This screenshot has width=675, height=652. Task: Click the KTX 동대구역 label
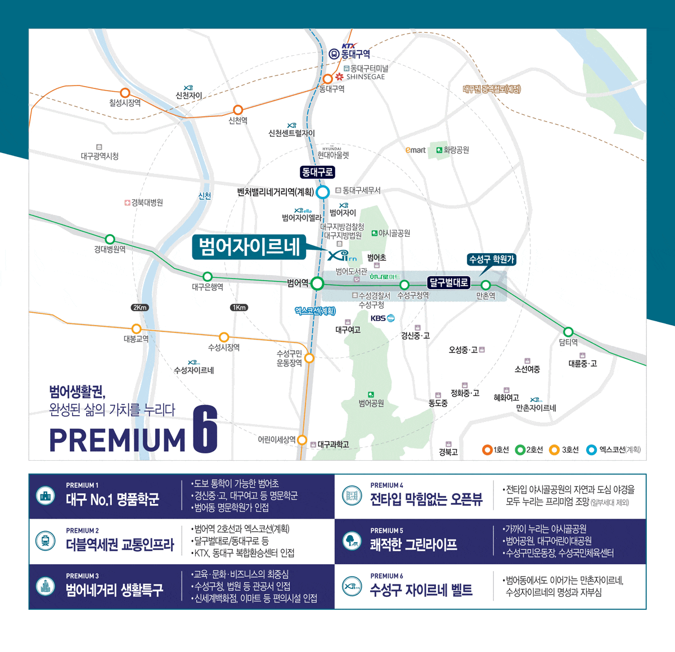tap(350, 53)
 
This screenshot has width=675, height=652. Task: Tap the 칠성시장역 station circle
tap(125, 93)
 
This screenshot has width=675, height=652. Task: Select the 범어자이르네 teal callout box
tap(249, 247)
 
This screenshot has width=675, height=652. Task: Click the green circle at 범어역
tap(317, 284)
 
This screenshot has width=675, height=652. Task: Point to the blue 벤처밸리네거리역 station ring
tap(322, 192)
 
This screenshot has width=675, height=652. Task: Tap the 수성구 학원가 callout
tap(492, 259)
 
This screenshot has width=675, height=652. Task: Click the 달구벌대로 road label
tap(448, 282)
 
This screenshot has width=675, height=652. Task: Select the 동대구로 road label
tap(317, 172)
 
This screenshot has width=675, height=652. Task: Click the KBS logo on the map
tap(382, 318)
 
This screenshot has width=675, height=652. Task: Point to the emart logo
tap(416, 150)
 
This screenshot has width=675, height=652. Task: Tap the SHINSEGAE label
tap(365, 77)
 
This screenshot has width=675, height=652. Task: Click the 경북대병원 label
tap(144, 203)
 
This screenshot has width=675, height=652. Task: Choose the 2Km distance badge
tap(139, 308)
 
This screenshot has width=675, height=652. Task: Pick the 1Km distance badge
tap(238, 308)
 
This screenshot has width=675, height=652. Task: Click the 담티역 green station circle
tap(568, 332)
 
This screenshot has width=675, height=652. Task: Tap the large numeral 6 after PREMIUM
tap(205, 429)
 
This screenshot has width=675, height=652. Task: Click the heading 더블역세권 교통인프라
tap(120, 545)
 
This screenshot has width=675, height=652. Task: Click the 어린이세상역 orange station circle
tap(302, 440)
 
